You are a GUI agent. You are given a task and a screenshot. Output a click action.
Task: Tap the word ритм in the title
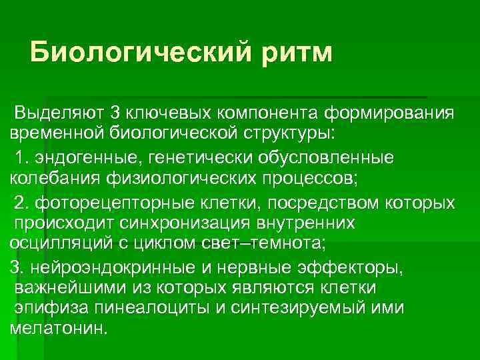[x=295, y=52]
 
